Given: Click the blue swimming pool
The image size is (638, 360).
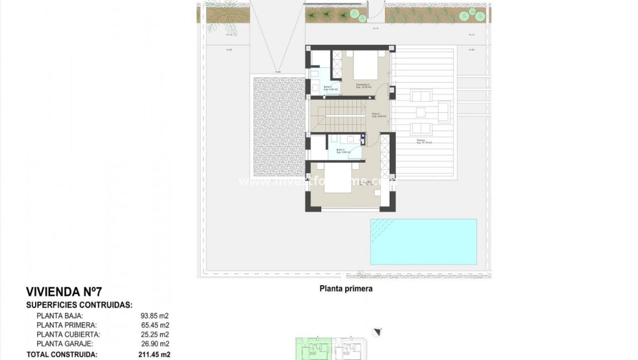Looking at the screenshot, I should tap(424, 242).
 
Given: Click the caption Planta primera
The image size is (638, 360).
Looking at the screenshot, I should tap(346, 289).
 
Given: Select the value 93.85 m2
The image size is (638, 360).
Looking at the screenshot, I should tap(155, 316).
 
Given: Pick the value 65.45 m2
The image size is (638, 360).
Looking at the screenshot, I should tap(155, 325).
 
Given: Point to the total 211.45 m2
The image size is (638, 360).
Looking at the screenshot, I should tap(155, 355).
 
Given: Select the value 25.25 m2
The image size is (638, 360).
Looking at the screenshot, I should tap(155, 334).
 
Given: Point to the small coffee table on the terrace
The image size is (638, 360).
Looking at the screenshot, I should tap(421, 112).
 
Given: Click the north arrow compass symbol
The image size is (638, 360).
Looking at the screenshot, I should tap(377, 331).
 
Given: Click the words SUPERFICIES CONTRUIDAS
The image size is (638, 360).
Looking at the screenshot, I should tap(79, 305).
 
